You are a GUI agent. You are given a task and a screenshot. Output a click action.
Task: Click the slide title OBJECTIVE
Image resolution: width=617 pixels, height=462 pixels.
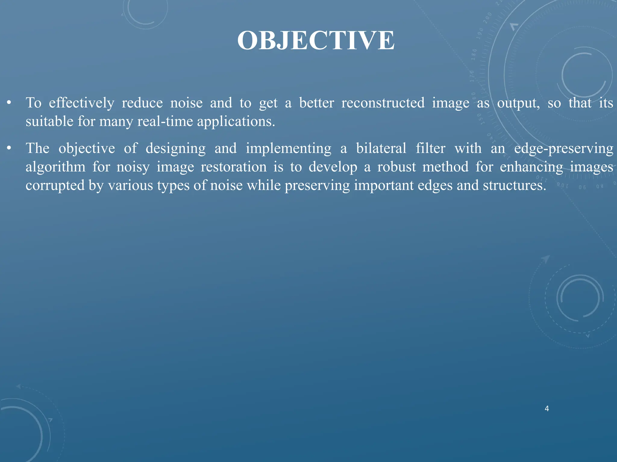point(316,41)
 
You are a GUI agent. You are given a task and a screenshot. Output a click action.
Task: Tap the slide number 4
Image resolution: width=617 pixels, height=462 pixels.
point(547,408)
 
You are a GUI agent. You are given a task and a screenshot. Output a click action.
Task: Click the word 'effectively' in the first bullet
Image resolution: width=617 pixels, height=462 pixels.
point(81,103)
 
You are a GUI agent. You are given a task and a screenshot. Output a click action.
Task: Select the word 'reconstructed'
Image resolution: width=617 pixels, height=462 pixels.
point(383,103)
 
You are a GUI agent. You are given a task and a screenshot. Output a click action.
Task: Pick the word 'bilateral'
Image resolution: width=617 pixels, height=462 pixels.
point(381,148)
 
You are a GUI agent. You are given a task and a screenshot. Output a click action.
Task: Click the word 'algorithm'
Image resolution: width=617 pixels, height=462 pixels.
point(55,167)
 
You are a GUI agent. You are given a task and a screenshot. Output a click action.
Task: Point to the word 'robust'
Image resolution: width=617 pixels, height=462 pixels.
point(396,167)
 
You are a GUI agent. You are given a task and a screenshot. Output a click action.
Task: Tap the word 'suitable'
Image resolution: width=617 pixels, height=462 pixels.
point(49,122)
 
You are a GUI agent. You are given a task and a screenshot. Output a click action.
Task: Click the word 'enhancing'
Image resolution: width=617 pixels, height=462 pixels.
point(531,167)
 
